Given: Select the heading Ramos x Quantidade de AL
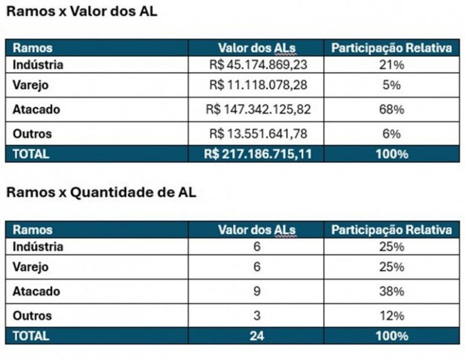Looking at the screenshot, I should (x=101, y=193).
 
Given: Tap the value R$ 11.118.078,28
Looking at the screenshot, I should (x=258, y=85).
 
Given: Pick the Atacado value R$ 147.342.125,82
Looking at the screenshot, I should (x=258, y=110).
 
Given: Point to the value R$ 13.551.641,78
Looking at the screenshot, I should (x=258, y=134).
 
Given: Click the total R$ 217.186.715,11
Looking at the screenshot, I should (x=257, y=154).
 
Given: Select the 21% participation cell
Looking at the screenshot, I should (x=391, y=64).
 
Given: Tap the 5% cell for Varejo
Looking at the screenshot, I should (x=391, y=85).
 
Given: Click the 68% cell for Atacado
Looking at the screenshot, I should (x=391, y=110).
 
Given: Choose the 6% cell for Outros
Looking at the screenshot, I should (x=391, y=134).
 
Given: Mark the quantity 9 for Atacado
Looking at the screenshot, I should (x=257, y=292).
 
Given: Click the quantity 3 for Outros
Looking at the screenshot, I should (x=257, y=316).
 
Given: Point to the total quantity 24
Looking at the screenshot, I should (x=257, y=336).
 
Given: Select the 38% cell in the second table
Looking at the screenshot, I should (x=391, y=292).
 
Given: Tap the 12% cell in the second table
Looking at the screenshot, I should (x=391, y=316).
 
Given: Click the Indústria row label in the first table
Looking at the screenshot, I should (x=38, y=64).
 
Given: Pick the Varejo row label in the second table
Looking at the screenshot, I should (x=31, y=267).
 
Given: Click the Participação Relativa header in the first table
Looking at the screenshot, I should (x=391, y=48).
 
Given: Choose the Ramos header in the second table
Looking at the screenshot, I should (x=32, y=229).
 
